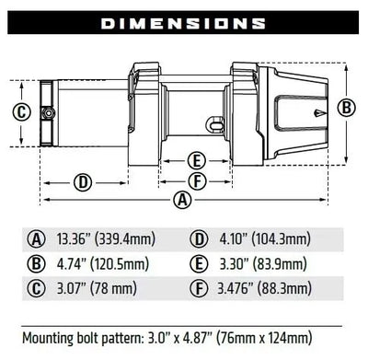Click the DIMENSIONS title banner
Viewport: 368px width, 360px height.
point(184,21)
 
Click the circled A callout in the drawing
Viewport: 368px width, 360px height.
point(184,198)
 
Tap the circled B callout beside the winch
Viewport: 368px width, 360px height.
point(347,107)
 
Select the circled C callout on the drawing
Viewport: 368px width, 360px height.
point(22,112)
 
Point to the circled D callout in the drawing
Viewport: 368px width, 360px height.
point(83,181)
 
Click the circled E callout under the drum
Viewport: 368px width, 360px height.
point(196,157)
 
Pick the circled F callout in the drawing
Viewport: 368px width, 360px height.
point(196,179)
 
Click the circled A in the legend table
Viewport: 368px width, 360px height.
point(37,239)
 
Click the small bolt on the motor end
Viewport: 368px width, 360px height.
point(46,112)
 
